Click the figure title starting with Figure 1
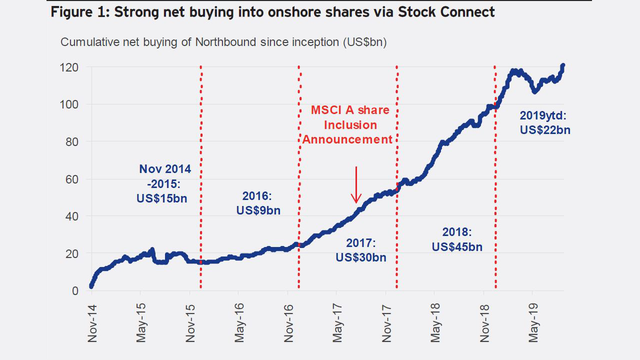[272, 12]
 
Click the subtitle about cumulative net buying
[223, 42]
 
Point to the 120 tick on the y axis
[69, 67]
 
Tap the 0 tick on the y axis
[75, 291]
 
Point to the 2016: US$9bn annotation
[258, 202]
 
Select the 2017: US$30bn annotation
[361, 250]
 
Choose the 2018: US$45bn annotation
[457, 239]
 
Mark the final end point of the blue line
[563, 65]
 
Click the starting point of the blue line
[91, 286]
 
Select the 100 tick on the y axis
[69, 104]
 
